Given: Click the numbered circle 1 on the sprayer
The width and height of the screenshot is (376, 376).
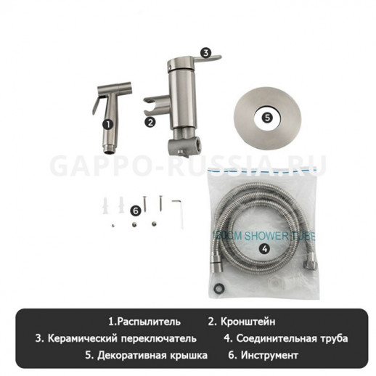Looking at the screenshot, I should tap(108, 124).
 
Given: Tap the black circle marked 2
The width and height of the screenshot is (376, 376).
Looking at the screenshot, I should tap(150, 122).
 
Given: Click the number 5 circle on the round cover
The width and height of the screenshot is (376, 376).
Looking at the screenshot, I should tap(267, 115).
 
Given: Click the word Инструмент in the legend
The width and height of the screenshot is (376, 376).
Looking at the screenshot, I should tap(271, 355).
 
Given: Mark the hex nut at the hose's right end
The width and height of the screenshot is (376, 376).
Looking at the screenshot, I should tap(310, 270).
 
